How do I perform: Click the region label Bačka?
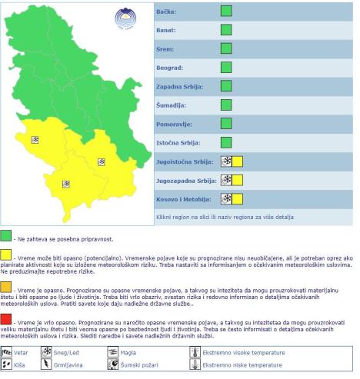165,12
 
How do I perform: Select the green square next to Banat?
226,30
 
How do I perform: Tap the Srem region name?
164,49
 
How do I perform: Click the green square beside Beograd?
226,67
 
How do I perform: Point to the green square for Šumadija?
226,105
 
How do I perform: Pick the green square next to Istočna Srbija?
226,141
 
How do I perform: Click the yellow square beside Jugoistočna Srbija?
237,161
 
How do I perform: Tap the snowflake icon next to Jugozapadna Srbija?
226,179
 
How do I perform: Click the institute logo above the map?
123,18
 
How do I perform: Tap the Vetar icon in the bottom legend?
8,352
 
